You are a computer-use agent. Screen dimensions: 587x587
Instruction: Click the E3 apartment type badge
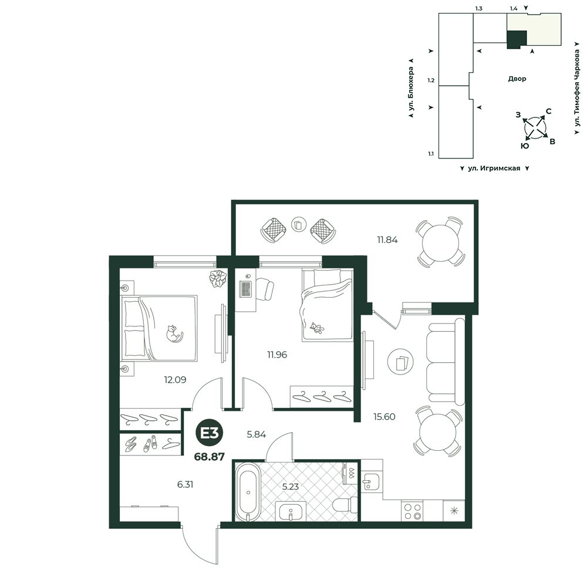coord(210,433)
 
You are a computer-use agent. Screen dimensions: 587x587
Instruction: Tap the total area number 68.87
coord(210,457)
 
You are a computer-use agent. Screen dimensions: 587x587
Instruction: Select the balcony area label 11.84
coord(387,240)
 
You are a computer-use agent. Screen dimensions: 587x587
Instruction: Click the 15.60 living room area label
coord(384,417)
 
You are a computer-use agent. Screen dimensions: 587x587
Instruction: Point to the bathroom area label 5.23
coord(291,487)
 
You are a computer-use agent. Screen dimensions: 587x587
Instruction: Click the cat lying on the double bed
coord(174,333)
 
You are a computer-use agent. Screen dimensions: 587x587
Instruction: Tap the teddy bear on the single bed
coord(317,328)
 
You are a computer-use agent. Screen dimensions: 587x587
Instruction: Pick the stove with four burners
coord(412,511)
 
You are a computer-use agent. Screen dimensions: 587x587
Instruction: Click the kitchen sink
coord(372,481)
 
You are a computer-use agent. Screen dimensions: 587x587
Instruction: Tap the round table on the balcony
coord(441,242)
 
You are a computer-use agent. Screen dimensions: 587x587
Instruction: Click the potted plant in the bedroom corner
coord(218,278)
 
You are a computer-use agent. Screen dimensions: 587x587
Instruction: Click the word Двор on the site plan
coord(517,79)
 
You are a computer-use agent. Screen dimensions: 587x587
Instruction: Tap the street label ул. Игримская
coord(494,168)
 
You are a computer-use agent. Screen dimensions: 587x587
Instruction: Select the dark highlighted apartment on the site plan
coord(517,39)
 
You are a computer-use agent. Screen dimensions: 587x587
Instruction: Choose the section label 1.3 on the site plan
coord(479,9)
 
